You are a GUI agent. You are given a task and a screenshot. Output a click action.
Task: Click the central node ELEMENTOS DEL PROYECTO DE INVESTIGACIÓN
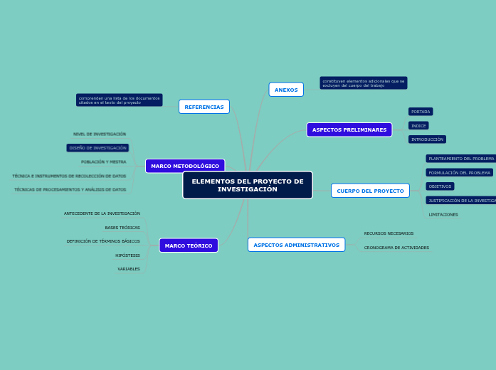coord(247,185)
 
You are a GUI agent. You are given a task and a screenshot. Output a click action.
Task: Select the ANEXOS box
coord(286,90)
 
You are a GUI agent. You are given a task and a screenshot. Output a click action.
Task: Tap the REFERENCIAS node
coord(204,107)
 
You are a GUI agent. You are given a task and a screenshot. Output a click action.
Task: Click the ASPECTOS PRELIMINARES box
coord(349,129)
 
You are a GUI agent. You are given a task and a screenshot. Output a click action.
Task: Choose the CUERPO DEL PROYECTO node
coord(370,191)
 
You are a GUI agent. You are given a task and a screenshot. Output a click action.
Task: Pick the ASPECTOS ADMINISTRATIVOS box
coord(296,245)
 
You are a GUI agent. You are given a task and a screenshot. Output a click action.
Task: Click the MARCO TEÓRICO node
coord(189,245)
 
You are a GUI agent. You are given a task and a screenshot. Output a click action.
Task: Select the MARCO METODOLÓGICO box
coord(185,166)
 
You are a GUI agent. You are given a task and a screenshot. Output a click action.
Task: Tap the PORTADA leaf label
coord(421,112)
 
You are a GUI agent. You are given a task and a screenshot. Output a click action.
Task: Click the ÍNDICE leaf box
coord(418,126)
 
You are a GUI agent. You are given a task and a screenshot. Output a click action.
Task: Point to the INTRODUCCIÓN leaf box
coord(427,139)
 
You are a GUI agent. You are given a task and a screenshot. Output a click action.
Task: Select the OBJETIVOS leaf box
coord(440,186)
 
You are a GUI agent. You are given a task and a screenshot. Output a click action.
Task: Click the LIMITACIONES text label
coord(443,214)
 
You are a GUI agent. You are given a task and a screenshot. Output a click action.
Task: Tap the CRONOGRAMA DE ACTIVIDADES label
coord(396,248)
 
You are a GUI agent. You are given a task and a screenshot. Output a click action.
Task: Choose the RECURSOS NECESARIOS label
coord(389,233)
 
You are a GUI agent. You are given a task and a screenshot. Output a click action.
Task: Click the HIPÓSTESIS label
coord(128,255)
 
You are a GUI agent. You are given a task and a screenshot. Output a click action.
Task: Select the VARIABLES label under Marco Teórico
coord(129,269)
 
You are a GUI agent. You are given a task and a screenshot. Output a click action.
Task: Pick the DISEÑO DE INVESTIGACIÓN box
coord(97,148)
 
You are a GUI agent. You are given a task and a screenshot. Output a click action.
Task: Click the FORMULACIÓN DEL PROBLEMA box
coord(459,172)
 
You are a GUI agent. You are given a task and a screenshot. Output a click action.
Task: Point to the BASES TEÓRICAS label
coord(122,228)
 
